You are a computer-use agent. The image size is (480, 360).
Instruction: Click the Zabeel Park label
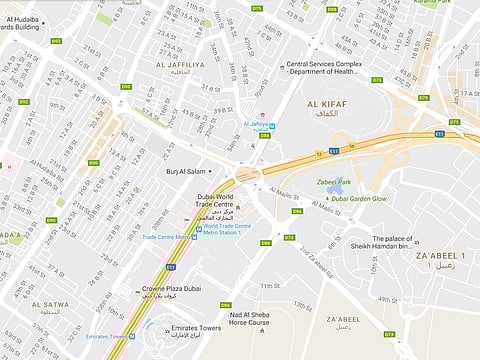click(335, 182)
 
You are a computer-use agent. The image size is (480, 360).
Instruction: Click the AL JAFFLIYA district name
click(179, 64)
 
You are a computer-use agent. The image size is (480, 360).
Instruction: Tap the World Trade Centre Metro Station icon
click(198, 228)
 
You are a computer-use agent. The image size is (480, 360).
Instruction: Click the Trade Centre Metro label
click(166, 237)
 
